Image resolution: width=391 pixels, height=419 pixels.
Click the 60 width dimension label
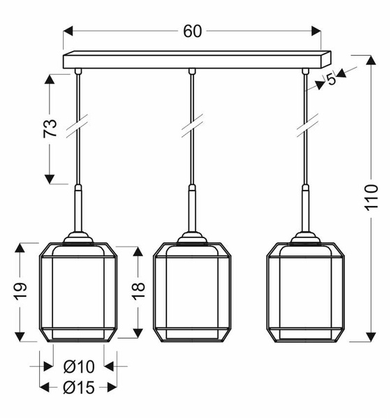[x=193, y=31]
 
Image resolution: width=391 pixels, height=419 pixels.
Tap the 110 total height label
[x=371, y=198]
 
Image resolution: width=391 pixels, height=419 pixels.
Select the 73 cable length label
[x=50, y=128]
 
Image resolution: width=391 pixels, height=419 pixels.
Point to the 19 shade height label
[x=21, y=291]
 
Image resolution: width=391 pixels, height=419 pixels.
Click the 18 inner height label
[x=138, y=291]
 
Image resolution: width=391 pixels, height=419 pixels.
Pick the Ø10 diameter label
[x=79, y=367]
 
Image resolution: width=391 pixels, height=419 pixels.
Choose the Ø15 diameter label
[x=79, y=387]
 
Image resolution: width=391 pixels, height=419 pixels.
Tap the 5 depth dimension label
[x=331, y=79]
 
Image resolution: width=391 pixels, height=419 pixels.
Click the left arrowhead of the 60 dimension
[x=68, y=31]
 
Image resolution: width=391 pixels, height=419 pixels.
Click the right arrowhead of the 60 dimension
[x=316, y=31]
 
